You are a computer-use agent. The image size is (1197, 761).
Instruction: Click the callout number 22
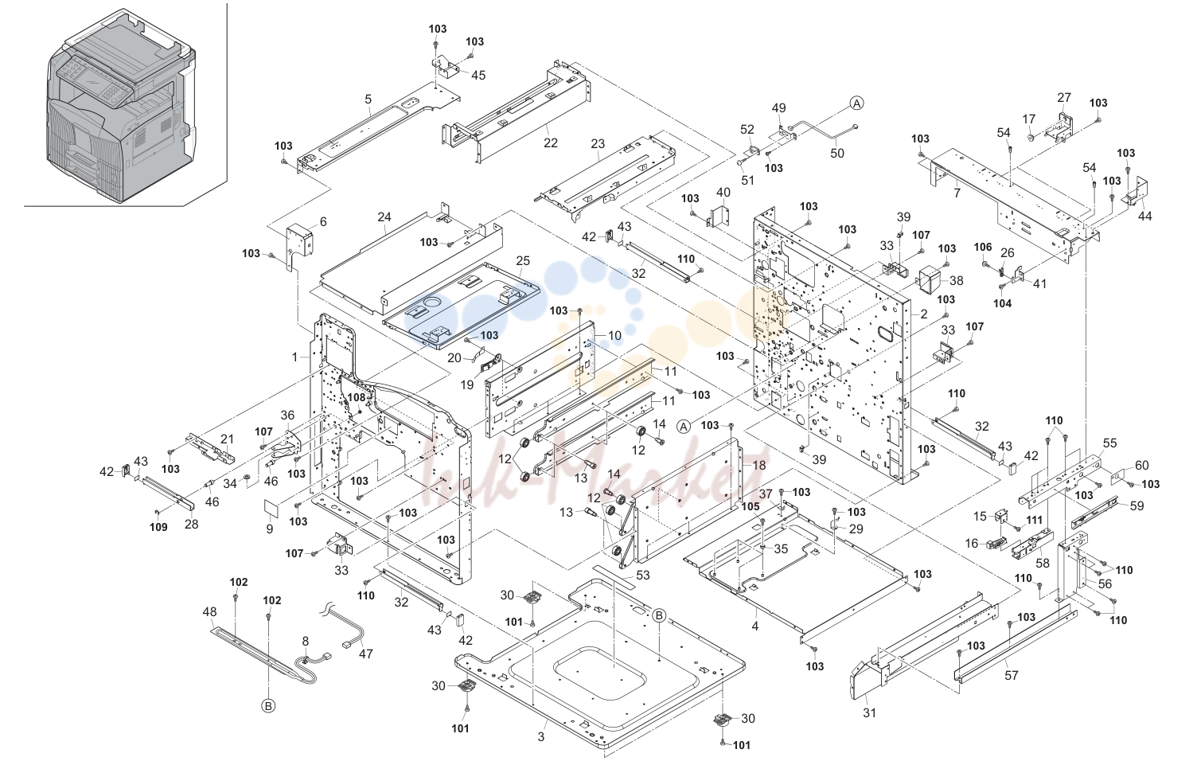[x=551, y=142]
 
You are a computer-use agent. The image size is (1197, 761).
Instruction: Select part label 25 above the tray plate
[x=523, y=260]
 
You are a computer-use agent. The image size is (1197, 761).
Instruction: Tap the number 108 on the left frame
[x=357, y=397]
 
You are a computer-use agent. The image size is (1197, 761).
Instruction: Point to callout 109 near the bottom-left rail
[x=158, y=527]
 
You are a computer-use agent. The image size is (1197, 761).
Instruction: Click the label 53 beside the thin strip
[x=643, y=575]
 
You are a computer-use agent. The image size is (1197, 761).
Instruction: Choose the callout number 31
[x=869, y=712]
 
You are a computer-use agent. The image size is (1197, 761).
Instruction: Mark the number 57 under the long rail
[x=1012, y=675]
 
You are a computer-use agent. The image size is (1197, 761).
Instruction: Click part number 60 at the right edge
[x=1142, y=466]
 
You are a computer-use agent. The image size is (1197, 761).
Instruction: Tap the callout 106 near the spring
[x=983, y=247]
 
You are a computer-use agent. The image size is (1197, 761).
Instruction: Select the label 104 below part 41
[x=1003, y=303]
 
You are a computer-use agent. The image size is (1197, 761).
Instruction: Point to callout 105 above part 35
[x=751, y=506]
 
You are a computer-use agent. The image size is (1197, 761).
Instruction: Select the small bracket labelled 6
[x=299, y=240]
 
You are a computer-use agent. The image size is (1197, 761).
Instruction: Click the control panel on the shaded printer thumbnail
[x=94, y=82]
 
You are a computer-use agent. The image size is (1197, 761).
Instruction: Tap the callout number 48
[x=210, y=611]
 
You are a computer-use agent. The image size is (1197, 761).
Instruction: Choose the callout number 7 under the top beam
[x=957, y=192]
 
